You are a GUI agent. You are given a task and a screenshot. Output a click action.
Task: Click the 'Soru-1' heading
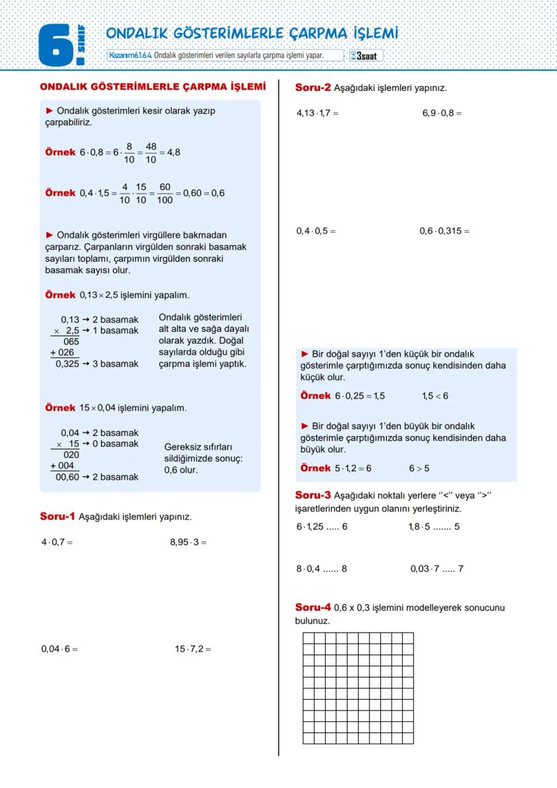click(x=57, y=516)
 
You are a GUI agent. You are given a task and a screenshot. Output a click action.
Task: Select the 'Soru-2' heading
click(x=313, y=87)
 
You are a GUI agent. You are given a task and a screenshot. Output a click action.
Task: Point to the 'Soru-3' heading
click(x=313, y=495)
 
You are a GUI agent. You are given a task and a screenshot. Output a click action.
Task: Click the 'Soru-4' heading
click(x=313, y=608)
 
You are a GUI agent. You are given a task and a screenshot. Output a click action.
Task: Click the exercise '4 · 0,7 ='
click(x=57, y=542)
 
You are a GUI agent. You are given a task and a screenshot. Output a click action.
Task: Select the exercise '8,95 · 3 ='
click(x=188, y=542)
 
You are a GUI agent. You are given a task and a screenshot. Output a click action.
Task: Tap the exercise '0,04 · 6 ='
click(x=59, y=649)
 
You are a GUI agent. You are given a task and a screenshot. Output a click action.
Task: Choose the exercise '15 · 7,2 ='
click(x=192, y=649)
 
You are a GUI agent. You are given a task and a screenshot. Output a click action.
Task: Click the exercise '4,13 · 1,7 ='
click(x=318, y=113)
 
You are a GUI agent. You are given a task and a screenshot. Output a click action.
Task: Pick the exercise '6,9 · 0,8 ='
click(x=442, y=113)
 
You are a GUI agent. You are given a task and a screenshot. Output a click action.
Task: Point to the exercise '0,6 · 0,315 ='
click(x=444, y=231)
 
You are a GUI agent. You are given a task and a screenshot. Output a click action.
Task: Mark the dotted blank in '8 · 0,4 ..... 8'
click(x=331, y=569)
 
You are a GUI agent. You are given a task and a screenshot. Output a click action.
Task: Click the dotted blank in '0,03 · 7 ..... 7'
click(x=448, y=569)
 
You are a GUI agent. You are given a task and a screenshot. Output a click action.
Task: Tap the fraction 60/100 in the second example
click(x=165, y=194)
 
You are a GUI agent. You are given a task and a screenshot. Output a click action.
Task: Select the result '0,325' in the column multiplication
click(x=67, y=364)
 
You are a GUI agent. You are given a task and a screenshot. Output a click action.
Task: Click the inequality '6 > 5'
click(x=418, y=468)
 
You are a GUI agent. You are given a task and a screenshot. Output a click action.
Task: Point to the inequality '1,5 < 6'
click(x=435, y=396)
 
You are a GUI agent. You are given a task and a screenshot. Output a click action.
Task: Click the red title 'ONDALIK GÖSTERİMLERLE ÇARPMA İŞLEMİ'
click(x=153, y=87)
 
